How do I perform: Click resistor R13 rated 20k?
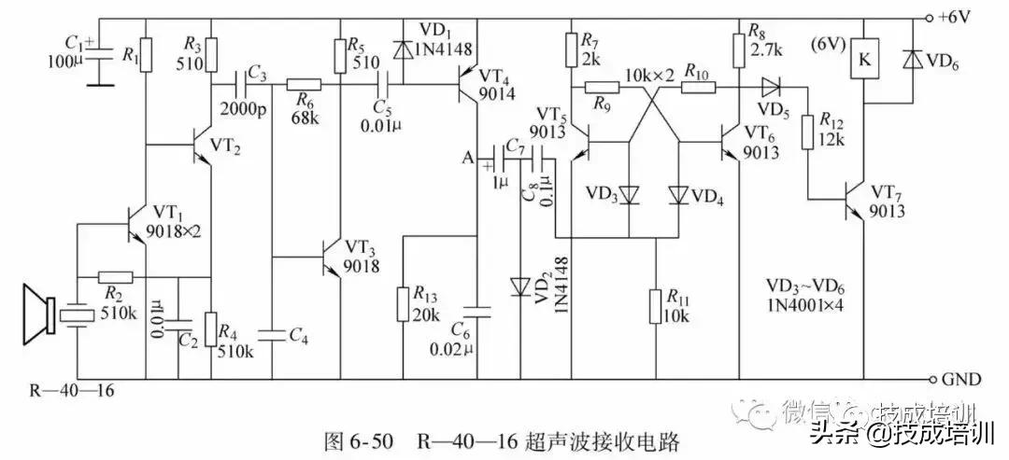[x=404, y=301]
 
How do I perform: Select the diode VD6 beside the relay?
[x=911, y=60]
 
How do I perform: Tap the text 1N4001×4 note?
[x=804, y=305]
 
